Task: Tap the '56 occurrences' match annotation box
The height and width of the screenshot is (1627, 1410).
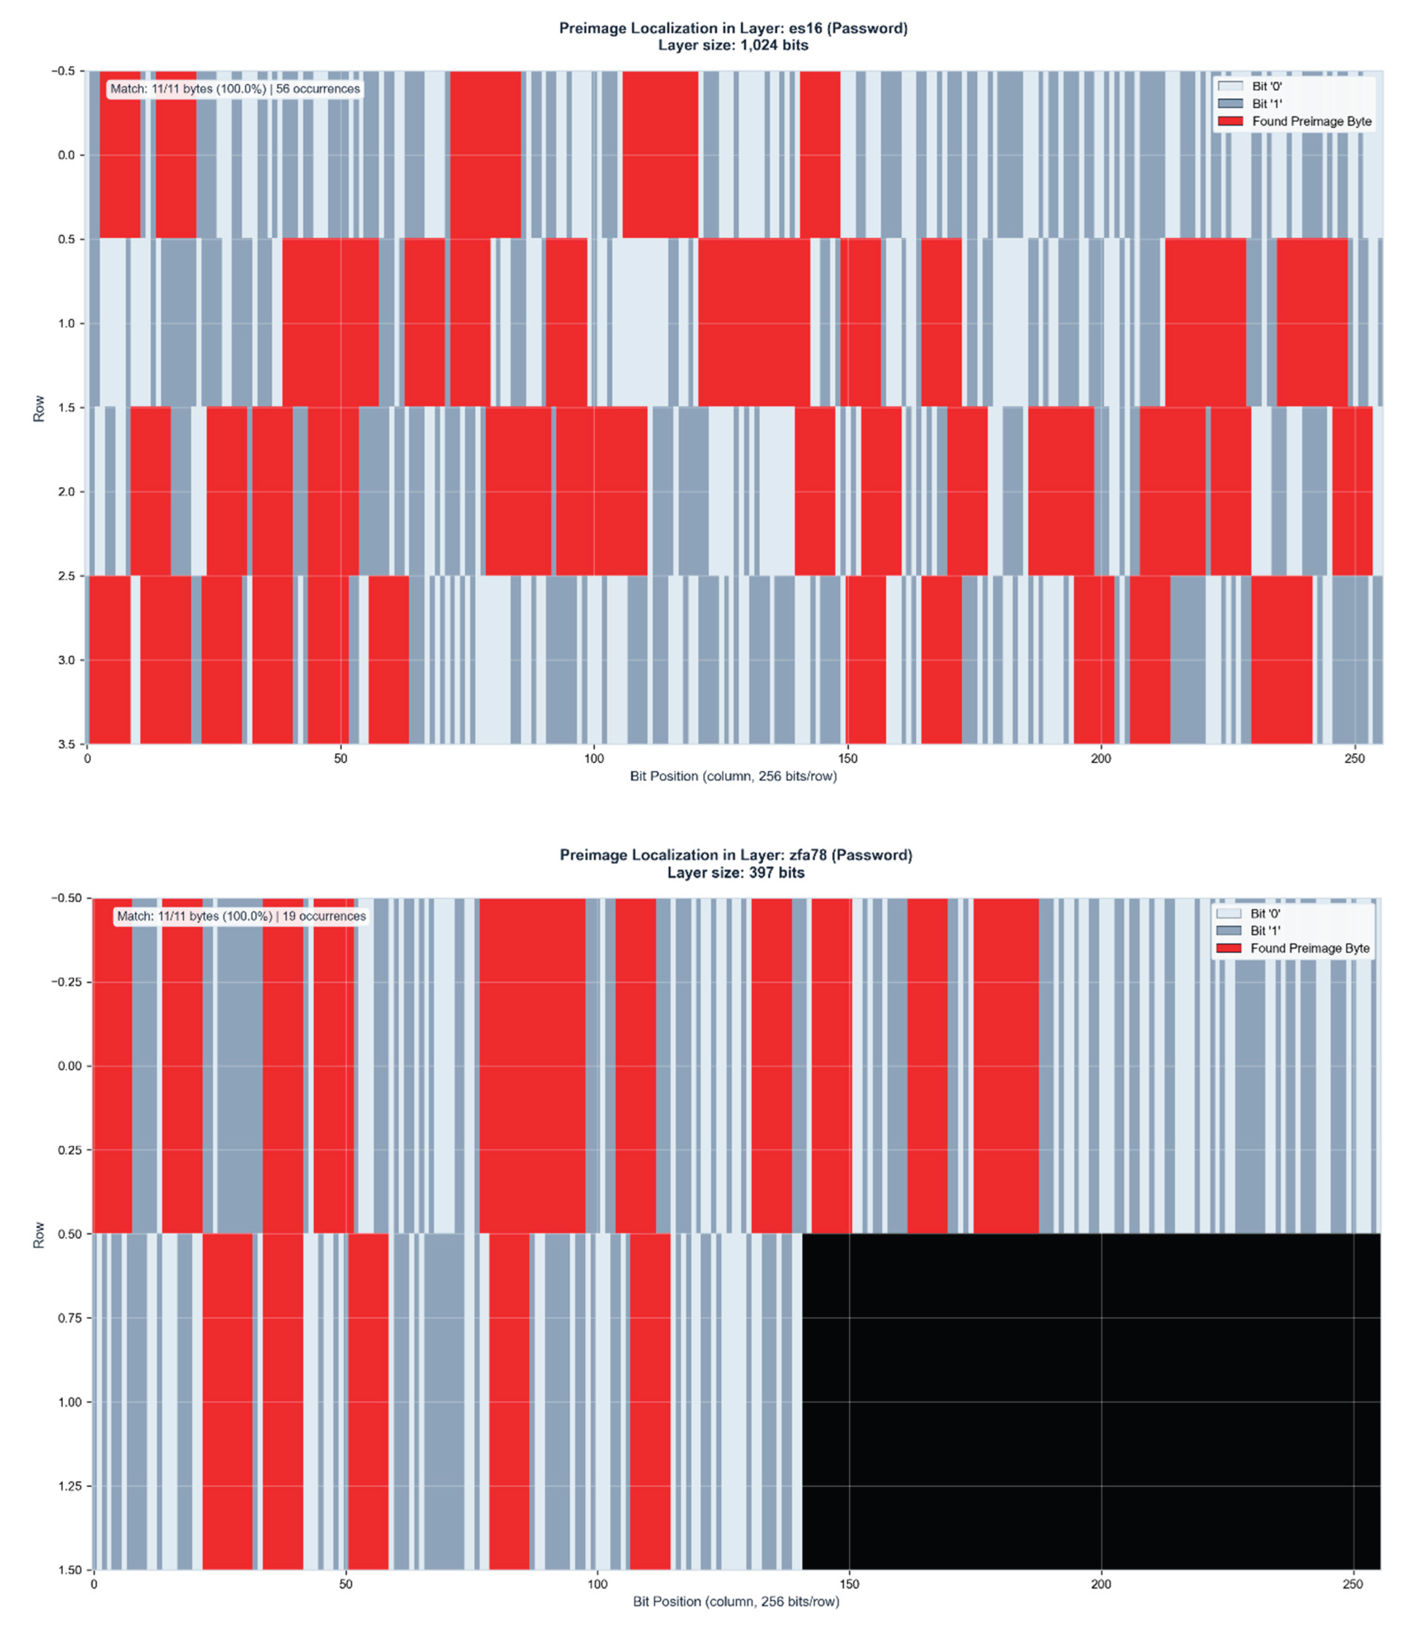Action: (x=234, y=89)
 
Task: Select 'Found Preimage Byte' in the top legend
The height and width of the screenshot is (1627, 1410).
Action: (x=1311, y=121)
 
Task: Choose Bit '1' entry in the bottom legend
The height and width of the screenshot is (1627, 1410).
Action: (x=1265, y=931)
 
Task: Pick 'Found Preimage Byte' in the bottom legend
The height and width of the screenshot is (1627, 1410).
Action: (x=1309, y=948)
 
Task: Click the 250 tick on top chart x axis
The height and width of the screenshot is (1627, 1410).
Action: (x=1354, y=758)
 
